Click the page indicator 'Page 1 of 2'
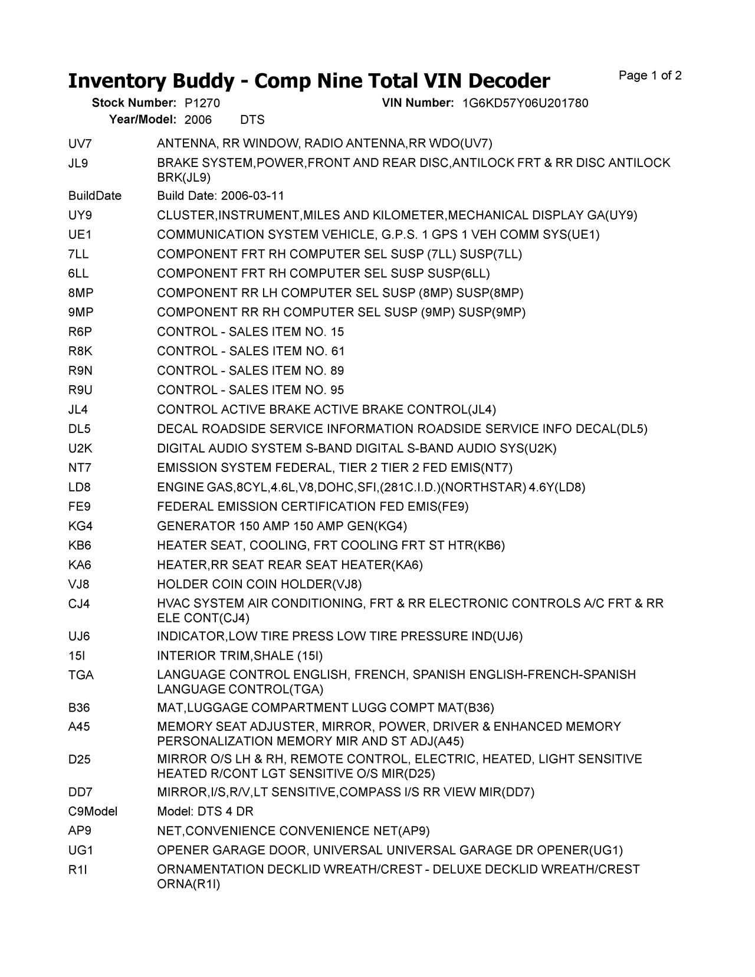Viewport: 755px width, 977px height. tap(650, 76)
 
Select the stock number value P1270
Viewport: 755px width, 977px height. tap(202, 103)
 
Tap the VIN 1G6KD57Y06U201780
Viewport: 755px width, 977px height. tap(525, 103)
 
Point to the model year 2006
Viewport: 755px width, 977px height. tap(198, 120)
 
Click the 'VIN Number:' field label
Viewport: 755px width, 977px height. tap(418, 103)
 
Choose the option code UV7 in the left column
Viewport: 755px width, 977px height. tap(80, 143)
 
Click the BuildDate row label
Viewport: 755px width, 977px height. tap(94, 196)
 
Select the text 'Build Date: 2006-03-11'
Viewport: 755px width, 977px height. tap(221, 196)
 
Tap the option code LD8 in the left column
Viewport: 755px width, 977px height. tap(80, 487)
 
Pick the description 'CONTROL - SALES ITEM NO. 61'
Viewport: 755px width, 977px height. tap(251, 351)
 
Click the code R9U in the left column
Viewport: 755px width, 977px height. tap(80, 390)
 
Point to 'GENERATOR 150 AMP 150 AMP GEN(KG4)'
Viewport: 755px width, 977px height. tap(282, 526)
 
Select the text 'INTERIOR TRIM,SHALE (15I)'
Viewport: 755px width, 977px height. tap(239, 656)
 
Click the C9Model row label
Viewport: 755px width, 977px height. tap(93, 811)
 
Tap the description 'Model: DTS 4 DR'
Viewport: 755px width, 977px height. tap(205, 811)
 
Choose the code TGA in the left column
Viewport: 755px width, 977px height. tap(81, 675)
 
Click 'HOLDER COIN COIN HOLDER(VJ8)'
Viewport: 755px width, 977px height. tap(259, 585)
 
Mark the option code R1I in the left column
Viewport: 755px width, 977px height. tap(77, 870)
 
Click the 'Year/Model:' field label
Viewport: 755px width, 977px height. tap(143, 120)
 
